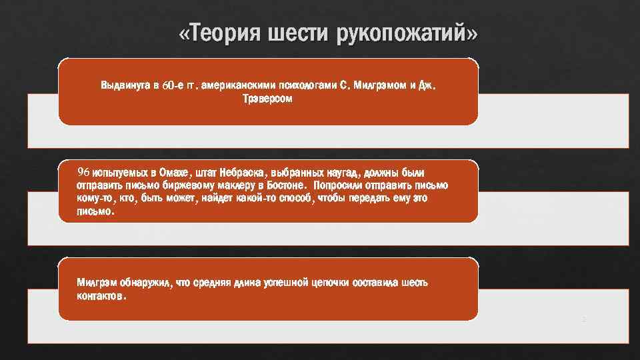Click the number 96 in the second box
coord(83,172)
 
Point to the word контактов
coord(100,295)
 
